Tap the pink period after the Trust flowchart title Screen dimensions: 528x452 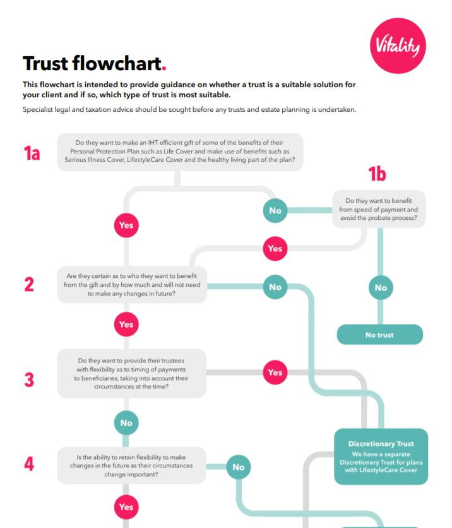coord(164,68)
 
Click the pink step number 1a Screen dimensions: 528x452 coord(32,153)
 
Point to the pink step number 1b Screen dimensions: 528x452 coord(377,174)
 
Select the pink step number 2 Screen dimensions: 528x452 coord(29,284)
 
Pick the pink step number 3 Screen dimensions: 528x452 coord(29,380)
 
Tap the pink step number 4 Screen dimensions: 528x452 coord(29,464)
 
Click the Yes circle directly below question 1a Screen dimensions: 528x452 coord(126,225)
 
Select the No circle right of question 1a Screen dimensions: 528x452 coord(275,210)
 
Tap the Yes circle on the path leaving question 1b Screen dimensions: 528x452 coord(275,248)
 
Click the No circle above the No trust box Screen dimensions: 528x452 coord(380,287)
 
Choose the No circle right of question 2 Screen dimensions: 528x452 coord(275,287)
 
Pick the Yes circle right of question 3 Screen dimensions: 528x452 coord(275,372)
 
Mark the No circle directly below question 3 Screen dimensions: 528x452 coord(126,423)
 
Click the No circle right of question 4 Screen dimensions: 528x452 coord(238,467)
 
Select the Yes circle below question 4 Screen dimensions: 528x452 coord(126,507)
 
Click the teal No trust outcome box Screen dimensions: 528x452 coord(379,335)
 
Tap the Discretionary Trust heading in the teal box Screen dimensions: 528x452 coord(381,444)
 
